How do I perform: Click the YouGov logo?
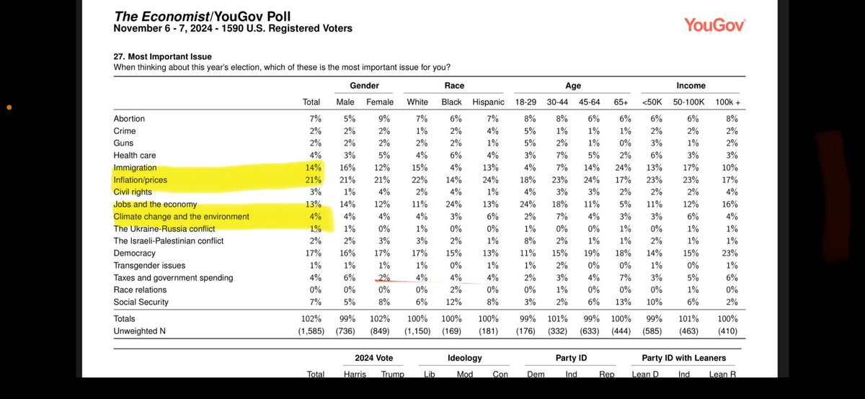click(714, 24)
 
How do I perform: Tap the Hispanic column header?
click(488, 102)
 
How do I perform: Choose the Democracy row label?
click(134, 254)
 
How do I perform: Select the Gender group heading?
click(364, 86)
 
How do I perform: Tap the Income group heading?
click(691, 86)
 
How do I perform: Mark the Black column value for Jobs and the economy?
click(451, 204)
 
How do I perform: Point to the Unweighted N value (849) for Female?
click(380, 331)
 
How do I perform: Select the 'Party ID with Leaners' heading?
click(684, 358)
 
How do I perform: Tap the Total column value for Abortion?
click(312, 118)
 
